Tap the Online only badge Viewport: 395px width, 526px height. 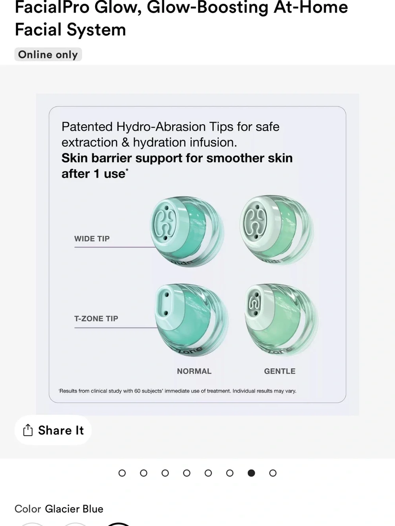(x=48, y=54)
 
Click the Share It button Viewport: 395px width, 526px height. (x=53, y=430)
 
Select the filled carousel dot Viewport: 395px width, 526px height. (x=251, y=473)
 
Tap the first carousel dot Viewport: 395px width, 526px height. (x=122, y=473)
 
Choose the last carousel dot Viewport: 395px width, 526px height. (x=273, y=473)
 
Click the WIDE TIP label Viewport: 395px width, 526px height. (x=92, y=239)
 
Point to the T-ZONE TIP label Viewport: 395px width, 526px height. (x=96, y=318)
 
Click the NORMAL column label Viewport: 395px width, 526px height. (x=194, y=371)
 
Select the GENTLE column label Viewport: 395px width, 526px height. (x=280, y=371)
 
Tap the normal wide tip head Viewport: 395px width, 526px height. (x=187, y=232)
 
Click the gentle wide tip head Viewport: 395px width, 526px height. (x=277, y=230)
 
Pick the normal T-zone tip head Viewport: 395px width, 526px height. (x=192, y=320)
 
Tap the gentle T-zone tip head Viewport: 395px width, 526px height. (x=282, y=320)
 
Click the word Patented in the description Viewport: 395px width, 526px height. (x=87, y=127)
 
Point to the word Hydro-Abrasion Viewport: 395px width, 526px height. (x=161, y=127)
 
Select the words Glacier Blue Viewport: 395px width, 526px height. (x=74, y=509)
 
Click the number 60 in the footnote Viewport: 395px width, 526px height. (x=137, y=391)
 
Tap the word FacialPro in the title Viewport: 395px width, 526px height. (x=52, y=7)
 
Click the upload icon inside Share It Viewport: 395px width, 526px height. (x=28, y=430)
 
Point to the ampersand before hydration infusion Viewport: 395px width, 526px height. (x=125, y=142)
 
